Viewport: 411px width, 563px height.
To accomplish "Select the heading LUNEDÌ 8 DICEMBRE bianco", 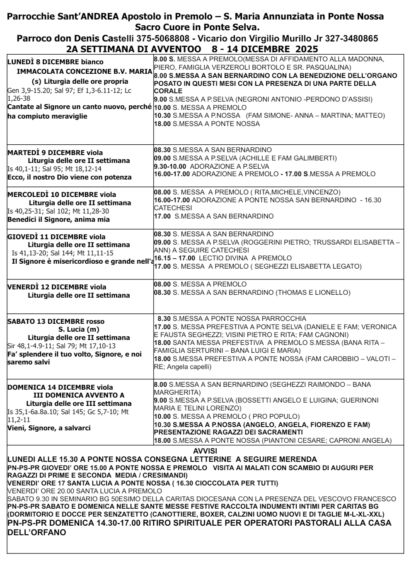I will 56,62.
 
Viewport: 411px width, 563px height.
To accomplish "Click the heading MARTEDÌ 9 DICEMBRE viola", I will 55,153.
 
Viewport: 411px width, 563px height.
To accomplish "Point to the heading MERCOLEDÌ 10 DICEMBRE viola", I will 62,194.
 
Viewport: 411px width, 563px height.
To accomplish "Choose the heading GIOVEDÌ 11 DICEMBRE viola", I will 56,237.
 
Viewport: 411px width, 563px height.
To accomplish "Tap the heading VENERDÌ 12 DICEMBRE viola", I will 57,287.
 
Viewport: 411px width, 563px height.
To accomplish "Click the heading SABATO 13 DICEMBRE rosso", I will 56,321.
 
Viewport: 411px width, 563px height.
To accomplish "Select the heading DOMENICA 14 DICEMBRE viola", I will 60,387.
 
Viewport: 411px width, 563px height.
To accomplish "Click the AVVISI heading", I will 205,451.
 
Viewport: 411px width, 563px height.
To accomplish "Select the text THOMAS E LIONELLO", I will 313,293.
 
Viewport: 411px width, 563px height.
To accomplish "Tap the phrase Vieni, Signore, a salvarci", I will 49,428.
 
